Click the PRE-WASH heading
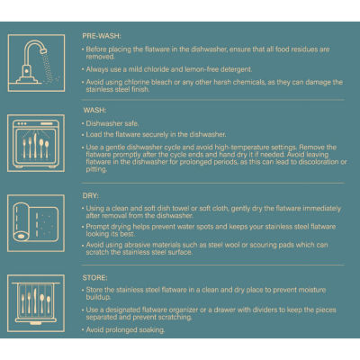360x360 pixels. pyautogui.click(x=102, y=36)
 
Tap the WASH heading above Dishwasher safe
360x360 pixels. pyautogui.click(x=94, y=111)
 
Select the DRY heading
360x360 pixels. pyautogui.click(x=90, y=196)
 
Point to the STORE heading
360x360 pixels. pyautogui.click(x=94, y=278)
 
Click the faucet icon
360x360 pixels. pyautogui.click(x=36, y=63)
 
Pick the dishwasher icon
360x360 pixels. pyautogui.click(x=36, y=143)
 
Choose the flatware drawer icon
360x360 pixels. pyautogui.click(x=36, y=303)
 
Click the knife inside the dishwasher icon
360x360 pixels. pyautogui.click(x=35, y=146)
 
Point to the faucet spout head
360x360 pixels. pyautogui.click(x=43, y=50)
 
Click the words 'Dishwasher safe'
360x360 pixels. pyautogui.click(x=112, y=123)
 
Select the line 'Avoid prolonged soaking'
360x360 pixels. pyautogui.click(x=125, y=330)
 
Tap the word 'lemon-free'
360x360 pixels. pyautogui.click(x=202, y=69)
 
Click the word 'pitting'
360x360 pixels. pyautogui.click(x=96, y=169)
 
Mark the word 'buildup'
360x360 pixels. pyautogui.click(x=98, y=297)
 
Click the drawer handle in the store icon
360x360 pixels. pyautogui.click(x=36, y=323)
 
